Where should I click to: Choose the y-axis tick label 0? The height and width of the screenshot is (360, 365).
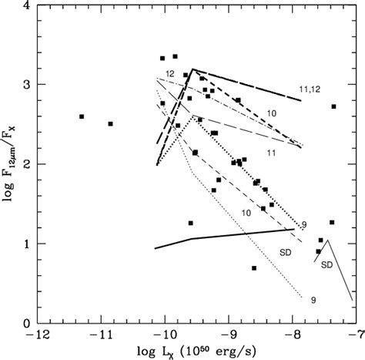click(x=27, y=324)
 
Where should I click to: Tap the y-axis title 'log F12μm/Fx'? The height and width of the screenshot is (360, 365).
click(x=8, y=165)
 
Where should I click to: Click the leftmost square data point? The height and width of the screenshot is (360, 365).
click(x=82, y=116)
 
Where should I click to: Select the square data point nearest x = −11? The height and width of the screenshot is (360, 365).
click(x=111, y=123)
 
